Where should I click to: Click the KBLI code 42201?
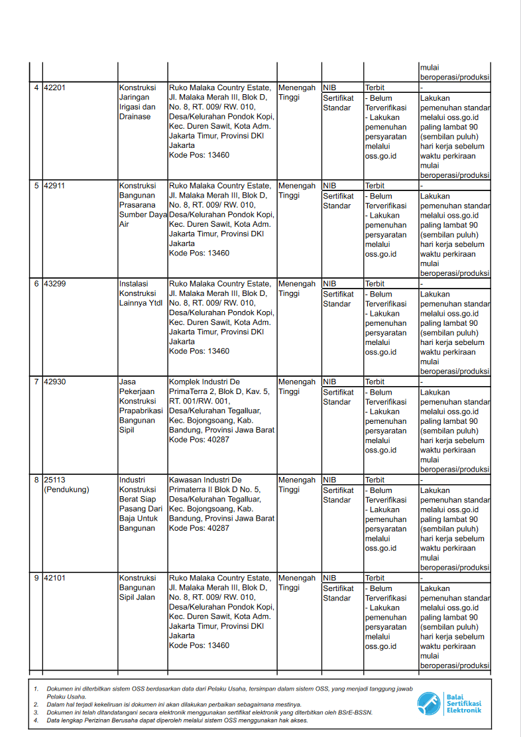click(x=54, y=88)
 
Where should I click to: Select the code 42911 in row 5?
click(x=54, y=186)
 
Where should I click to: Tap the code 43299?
click(x=54, y=285)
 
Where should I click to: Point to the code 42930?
click(x=54, y=383)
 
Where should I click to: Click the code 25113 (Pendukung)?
click(x=66, y=485)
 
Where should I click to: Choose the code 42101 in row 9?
click(x=54, y=579)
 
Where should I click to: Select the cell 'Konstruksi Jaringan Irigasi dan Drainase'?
click(x=138, y=102)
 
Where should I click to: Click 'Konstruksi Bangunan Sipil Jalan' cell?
click(x=138, y=588)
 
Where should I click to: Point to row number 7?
click(x=36, y=383)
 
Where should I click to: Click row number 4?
click(x=36, y=88)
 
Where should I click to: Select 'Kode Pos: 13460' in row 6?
click(x=199, y=352)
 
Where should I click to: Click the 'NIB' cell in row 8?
click(x=329, y=480)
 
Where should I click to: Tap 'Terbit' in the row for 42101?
click(x=375, y=578)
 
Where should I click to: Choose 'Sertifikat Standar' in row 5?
click(x=338, y=201)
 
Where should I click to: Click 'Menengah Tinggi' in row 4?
click(x=296, y=93)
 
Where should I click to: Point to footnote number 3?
click(x=36, y=712)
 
